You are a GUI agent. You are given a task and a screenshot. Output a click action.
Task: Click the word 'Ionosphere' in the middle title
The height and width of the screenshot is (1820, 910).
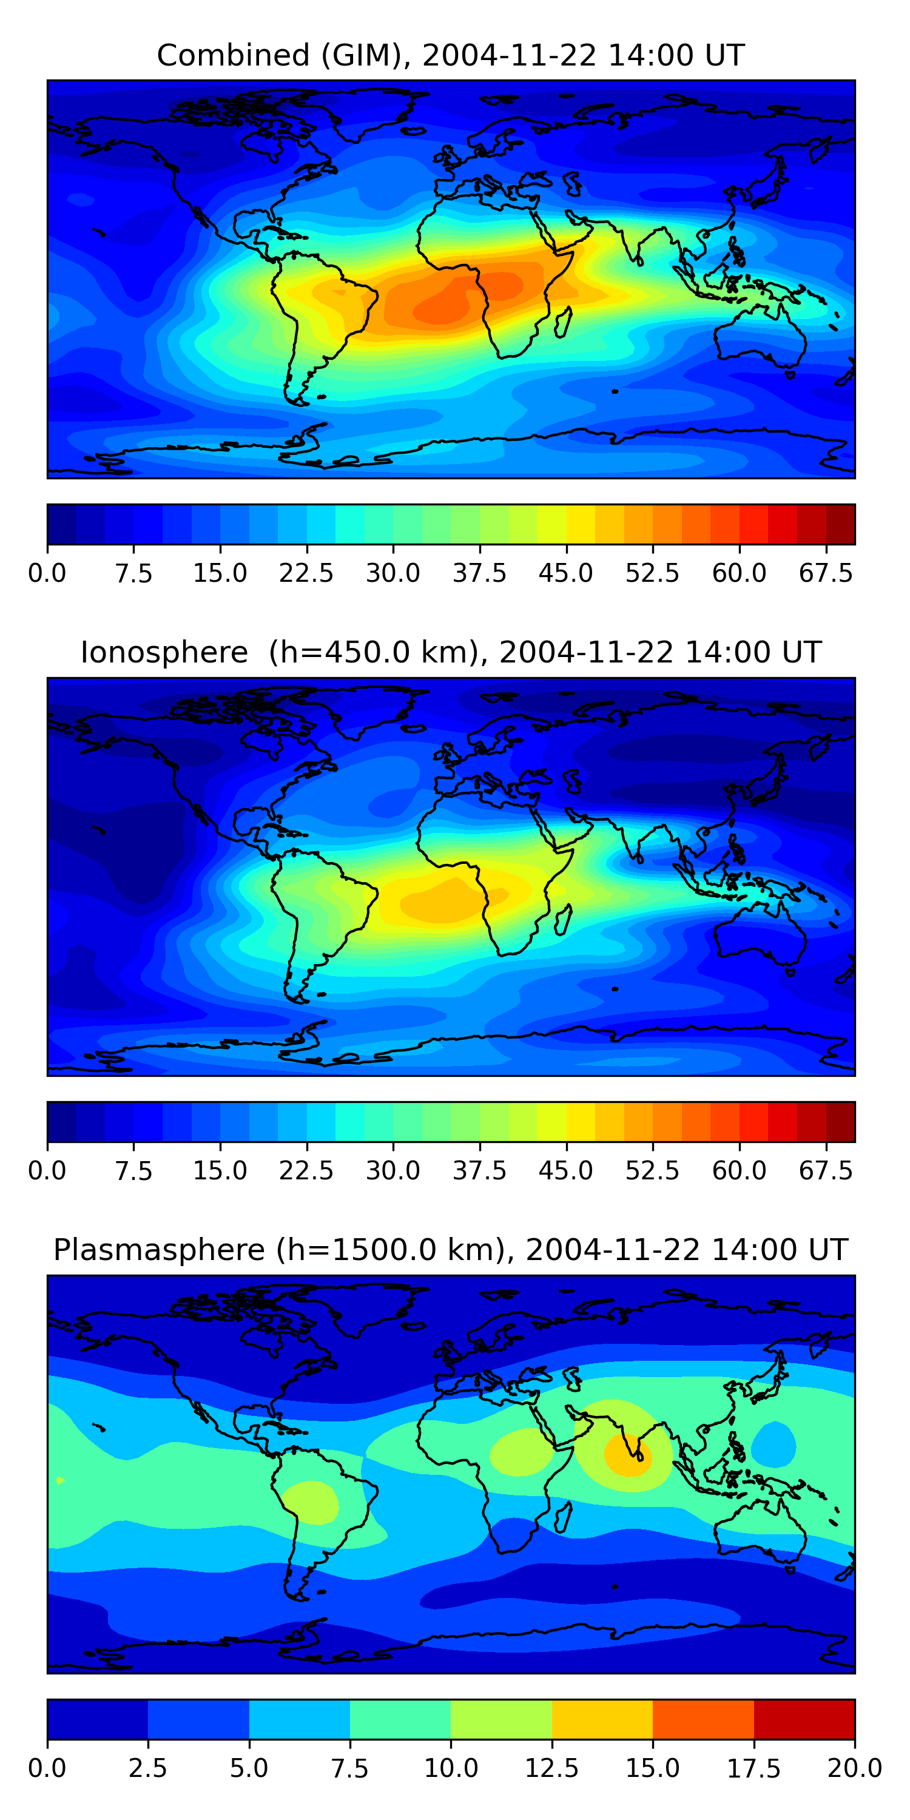164,652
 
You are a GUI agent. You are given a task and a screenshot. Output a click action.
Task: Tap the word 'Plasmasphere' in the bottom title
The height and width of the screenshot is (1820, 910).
159,1250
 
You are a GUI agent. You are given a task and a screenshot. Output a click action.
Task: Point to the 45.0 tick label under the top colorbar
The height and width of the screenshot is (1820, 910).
566,573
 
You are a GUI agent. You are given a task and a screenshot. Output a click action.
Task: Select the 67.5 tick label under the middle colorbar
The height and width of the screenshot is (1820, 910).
826,1171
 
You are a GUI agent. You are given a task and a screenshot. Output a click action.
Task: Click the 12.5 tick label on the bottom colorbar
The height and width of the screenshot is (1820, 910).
552,1768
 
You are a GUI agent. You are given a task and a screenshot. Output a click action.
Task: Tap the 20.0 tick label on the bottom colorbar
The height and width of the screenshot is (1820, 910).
854,1768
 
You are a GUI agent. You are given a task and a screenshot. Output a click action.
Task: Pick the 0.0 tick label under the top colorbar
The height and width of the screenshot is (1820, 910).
47,573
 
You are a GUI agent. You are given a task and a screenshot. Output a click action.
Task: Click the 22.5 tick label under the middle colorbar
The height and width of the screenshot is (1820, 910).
306,1171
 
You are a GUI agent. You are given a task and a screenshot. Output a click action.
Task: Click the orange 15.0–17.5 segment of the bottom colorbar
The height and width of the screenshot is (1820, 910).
703,1719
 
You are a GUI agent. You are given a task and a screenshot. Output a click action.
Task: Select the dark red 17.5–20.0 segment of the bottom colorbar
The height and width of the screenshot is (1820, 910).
804,1719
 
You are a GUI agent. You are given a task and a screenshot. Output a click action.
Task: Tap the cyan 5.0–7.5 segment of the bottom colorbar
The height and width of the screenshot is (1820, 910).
300,1719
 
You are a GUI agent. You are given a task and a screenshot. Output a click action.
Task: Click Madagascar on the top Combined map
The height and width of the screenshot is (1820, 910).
563,322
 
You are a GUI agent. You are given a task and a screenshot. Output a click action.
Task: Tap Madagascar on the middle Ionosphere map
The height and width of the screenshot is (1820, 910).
563,919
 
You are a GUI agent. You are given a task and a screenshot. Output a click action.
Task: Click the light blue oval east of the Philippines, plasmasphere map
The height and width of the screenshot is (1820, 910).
773,1443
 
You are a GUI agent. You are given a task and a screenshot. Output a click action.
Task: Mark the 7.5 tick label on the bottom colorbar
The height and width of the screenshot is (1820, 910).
349,1768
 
